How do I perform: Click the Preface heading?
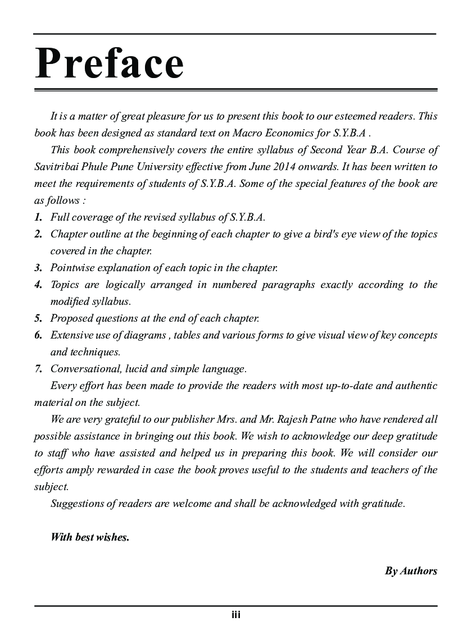click(x=110, y=63)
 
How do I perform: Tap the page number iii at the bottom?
click(x=236, y=615)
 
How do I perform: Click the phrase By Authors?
click(x=411, y=571)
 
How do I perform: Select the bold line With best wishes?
click(x=90, y=537)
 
